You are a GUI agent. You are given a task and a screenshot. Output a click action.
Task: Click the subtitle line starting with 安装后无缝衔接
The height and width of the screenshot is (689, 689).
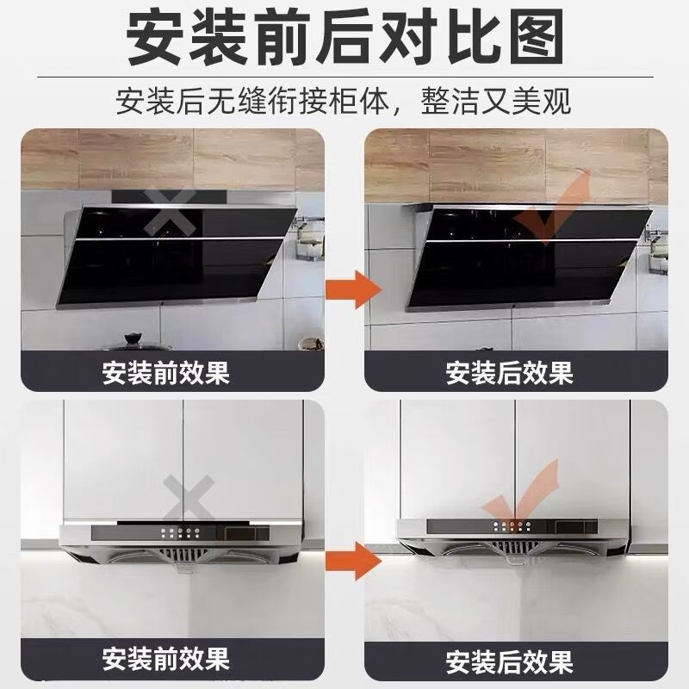pos(344,102)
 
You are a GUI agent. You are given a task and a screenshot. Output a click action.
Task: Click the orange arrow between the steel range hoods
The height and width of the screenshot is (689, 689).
pos(354,561)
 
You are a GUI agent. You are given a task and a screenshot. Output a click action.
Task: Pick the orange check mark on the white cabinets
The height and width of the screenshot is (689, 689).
pos(520,494)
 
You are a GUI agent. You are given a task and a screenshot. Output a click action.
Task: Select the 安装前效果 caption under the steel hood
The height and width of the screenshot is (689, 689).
pos(165,661)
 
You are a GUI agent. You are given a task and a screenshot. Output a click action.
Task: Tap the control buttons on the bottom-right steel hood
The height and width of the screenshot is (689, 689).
pos(513,526)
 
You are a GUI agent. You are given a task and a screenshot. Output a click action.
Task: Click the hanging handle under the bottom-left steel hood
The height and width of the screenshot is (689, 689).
pos(183,567)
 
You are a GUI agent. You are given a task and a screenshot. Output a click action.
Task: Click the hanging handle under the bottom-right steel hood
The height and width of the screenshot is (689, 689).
pos(514,561)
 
